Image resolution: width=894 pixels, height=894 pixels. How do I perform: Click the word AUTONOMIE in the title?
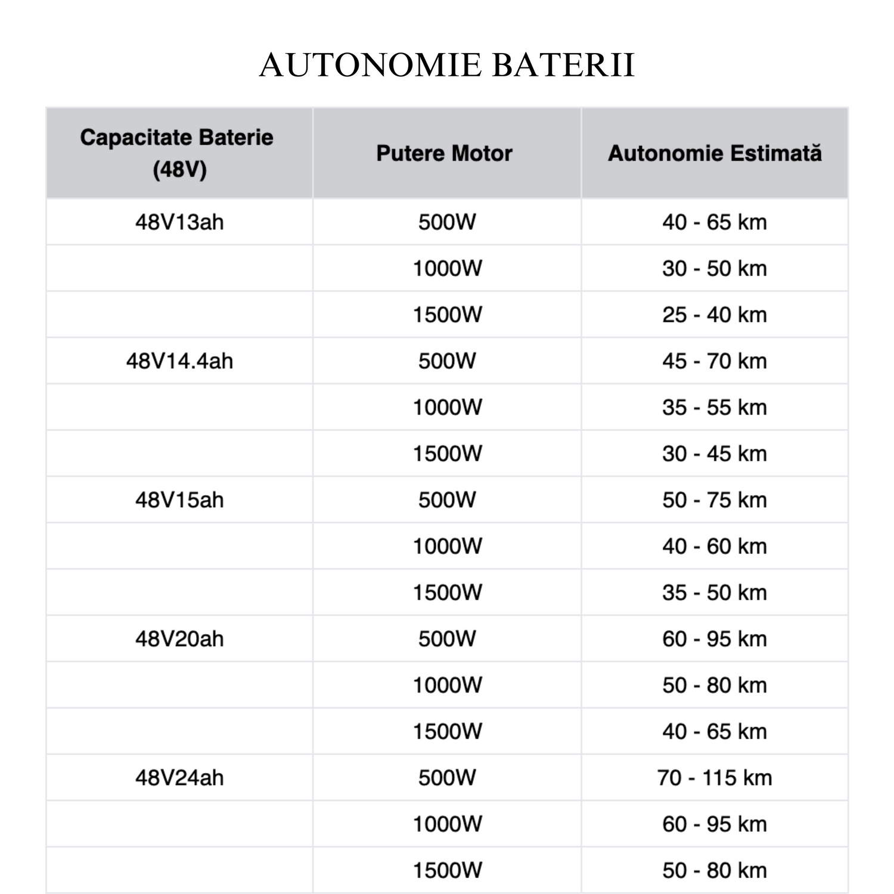370,65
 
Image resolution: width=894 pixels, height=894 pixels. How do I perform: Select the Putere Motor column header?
444,153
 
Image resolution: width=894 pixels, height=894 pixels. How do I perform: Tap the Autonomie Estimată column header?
715,153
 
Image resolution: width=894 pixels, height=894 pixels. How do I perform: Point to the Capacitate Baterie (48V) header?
177,153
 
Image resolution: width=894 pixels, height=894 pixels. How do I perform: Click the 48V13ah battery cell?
179,222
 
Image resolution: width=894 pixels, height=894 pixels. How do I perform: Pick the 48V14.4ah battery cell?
179,361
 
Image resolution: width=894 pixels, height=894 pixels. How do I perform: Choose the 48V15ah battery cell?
179,500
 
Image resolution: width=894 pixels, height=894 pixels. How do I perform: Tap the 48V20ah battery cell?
179,639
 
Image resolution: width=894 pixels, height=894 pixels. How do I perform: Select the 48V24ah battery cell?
179,778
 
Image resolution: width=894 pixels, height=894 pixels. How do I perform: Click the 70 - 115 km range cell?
715,778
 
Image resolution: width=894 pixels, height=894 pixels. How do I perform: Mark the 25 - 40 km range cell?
715,315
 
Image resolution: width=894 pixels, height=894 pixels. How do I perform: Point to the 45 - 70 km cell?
715,361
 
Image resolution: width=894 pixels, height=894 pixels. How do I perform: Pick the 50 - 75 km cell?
715,500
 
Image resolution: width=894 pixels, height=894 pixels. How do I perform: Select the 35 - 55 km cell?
715,408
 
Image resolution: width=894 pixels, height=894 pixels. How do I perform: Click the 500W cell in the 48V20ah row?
447,639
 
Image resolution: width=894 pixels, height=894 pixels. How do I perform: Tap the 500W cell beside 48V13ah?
447,222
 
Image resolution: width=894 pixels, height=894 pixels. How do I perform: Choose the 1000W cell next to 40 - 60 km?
447,547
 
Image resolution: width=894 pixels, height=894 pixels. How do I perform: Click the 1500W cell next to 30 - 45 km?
447,454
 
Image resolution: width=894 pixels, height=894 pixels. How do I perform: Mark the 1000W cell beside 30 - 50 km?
447,269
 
